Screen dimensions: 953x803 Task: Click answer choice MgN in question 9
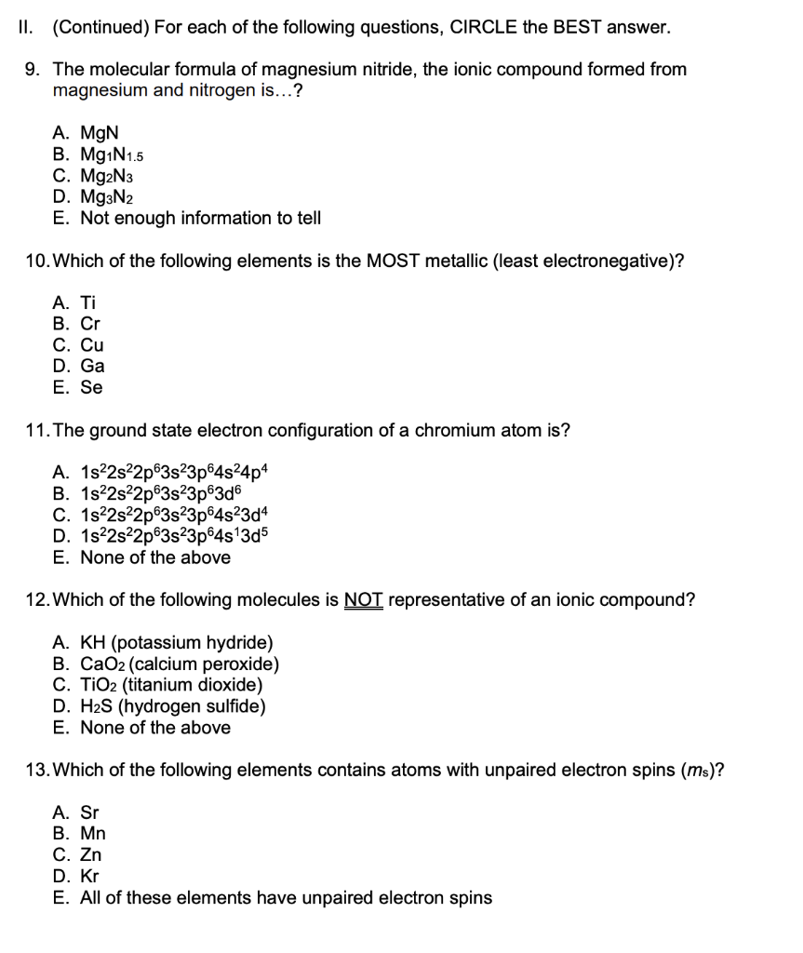(x=99, y=133)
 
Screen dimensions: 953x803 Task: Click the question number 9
(x=32, y=70)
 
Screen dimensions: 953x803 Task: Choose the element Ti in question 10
(x=87, y=302)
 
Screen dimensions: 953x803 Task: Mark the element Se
(x=91, y=388)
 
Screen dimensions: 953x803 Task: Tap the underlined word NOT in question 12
(x=364, y=600)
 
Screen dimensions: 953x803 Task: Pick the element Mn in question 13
(x=93, y=834)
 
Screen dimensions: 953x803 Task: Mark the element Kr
(x=89, y=877)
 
